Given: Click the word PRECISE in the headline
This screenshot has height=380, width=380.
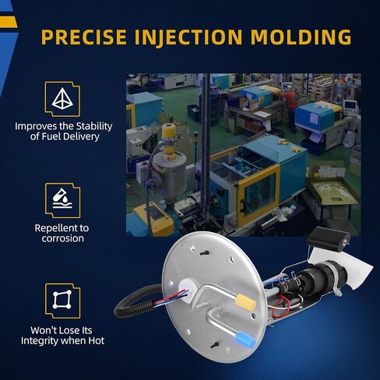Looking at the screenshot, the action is [84, 37].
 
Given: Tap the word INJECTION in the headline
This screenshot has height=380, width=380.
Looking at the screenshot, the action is [188, 37].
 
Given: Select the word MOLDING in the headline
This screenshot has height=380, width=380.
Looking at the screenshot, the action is [301, 37].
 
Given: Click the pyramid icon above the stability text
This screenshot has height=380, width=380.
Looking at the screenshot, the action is [62, 99].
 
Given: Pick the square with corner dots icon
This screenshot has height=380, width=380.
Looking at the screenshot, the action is [62, 300].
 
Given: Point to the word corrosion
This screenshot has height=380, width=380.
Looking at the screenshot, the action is [63, 238].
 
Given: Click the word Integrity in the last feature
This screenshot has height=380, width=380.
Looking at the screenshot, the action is [41, 341].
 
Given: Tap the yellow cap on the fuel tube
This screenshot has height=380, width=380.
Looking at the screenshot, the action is [245, 302].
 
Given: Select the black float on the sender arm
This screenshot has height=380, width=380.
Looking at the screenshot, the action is [329, 237].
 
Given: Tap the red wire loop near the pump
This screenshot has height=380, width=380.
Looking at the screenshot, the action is [280, 307].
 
